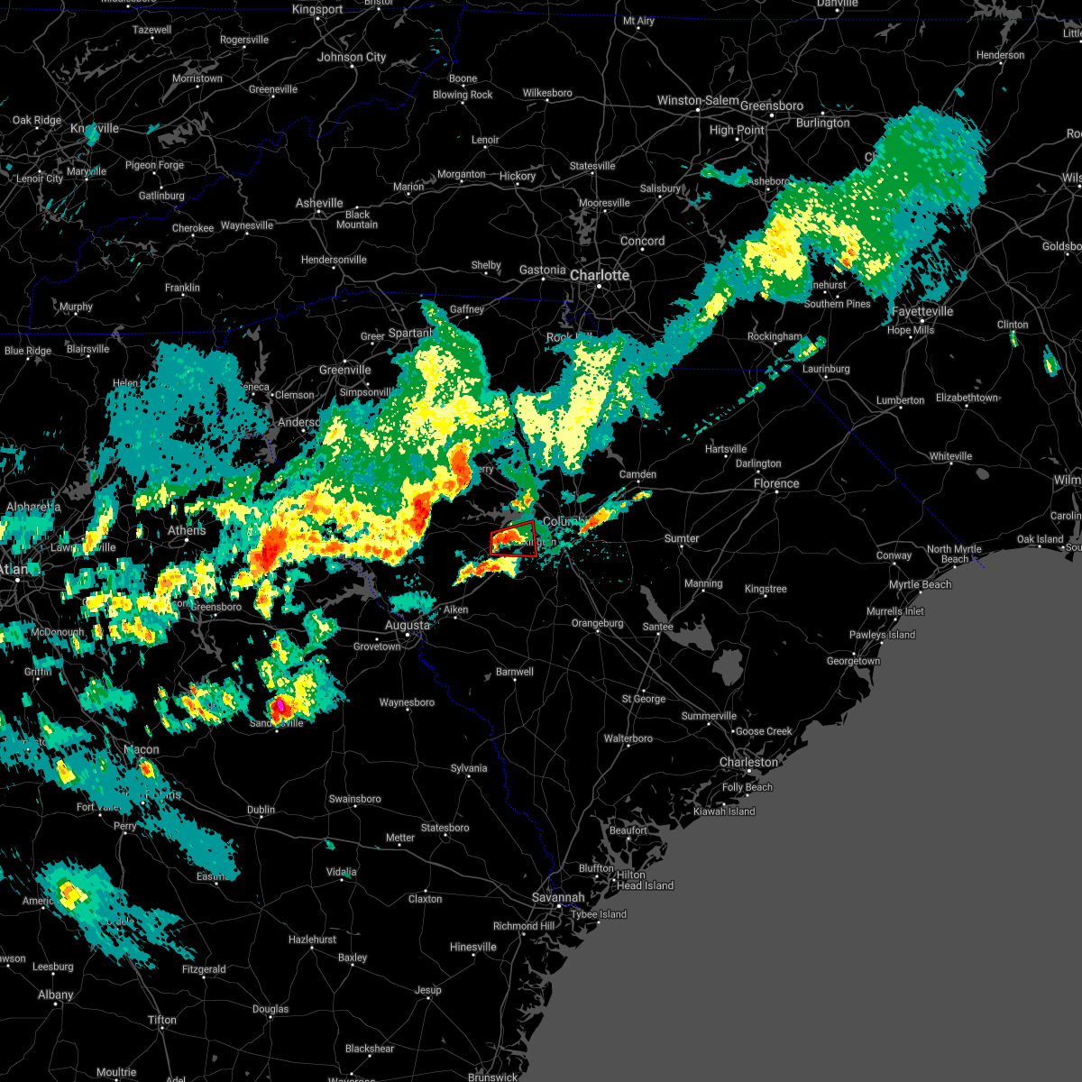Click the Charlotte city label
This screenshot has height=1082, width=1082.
coord(599,275)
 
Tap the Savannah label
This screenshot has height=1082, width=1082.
coord(557,897)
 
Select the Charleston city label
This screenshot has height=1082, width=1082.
coord(747,762)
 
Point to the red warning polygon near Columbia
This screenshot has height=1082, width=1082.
coord(514,539)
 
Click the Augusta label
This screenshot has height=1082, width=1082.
coord(407,625)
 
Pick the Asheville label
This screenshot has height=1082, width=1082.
coord(319,203)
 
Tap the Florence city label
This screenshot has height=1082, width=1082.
coord(775,483)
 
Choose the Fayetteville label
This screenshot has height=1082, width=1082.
coord(922,311)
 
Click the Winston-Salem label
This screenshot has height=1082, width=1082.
coord(697,101)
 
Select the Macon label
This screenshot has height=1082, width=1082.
coord(141,749)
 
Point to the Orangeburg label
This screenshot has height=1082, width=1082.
coord(597,623)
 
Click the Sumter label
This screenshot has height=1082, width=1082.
coord(681,538)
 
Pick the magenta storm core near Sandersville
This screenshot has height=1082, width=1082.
coord(280,704)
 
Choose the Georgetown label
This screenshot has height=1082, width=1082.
coord(853,661)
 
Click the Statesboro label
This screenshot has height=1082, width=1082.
coord(445,828)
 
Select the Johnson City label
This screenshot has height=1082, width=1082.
coord(351,57)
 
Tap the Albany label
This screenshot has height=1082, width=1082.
coord(55,995)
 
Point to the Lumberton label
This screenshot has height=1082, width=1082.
coord(900,400)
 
